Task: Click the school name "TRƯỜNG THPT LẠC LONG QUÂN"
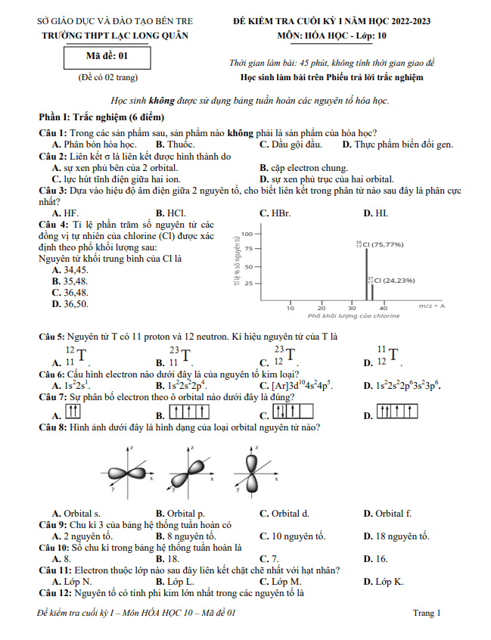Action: tap(113, 35)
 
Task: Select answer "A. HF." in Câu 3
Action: tap(65, 213)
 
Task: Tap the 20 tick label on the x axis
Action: tap(322, 308)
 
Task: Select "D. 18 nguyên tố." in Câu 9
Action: tap(396, 536)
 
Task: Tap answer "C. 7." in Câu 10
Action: tap(269, 559)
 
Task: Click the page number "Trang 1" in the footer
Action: tap(427, 613)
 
